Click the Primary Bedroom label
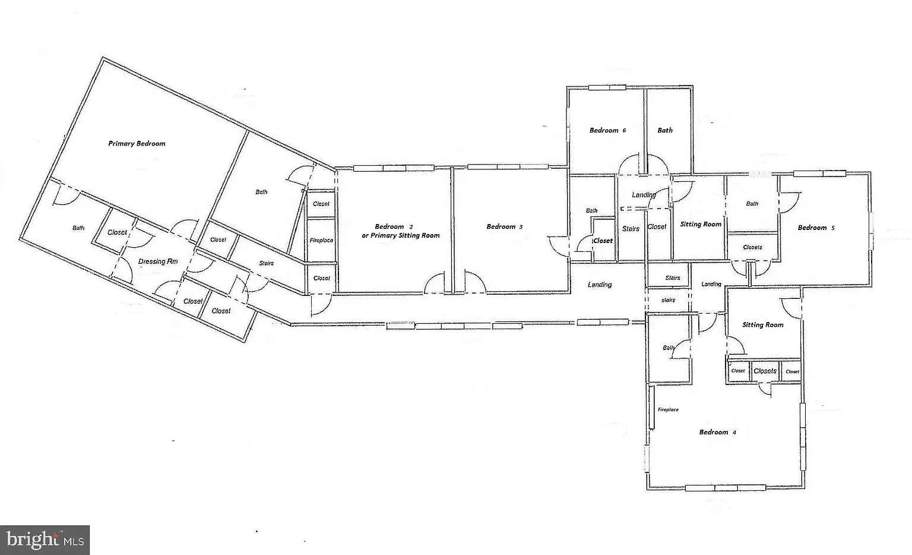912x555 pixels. click(137, 143)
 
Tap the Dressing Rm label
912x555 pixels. click(158, 261)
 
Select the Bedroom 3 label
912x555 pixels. click(505, 226)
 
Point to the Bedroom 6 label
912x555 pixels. click(607, 130)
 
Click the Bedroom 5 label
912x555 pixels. click(816, 228)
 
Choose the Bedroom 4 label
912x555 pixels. click(717, 433)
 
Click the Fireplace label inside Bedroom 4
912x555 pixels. click(668, 409)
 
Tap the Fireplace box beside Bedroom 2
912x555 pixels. click(321, 241)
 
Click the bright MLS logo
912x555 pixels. click(45, 540)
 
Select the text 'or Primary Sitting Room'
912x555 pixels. click(401, 235)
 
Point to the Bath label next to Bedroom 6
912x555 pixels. click(665, 130)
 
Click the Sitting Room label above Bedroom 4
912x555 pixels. click(762, 325)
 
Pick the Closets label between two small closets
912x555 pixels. click(765, 371)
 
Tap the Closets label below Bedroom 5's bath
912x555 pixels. click(752, 247)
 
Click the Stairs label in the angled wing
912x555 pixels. click(266, 263)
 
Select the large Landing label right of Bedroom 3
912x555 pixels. click(600, 285)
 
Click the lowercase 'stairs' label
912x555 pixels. click(668, 300)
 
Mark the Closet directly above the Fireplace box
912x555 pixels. click(321, 204)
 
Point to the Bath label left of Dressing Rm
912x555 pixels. click(78, 228)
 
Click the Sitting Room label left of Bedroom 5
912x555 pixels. click(701, 224)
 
